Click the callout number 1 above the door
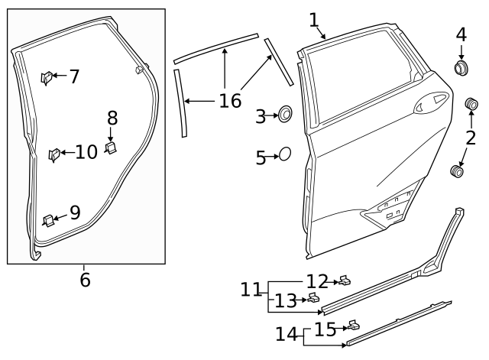pos(313,19)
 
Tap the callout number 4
pos(461,34)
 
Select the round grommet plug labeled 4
pos(461,69)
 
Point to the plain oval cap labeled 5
pos(284,154)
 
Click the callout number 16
pos(230,100)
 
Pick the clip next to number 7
pos(47,77)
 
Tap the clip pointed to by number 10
pos(55,155)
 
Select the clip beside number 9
pos(48,220)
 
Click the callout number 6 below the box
pos(85,280)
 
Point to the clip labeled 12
pos(345,281)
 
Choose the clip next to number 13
pos(313,298)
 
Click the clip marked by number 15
pos(353,326)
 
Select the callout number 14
pos(286,334)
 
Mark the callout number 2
pos(471,138)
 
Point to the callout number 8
pos(112,118)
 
